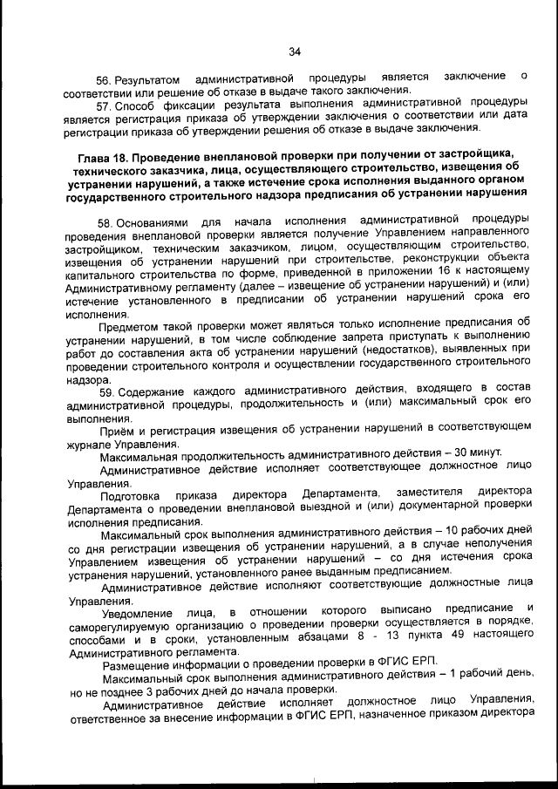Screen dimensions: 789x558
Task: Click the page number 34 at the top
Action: click(x=294, y=52)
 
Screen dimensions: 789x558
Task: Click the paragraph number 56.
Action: click(x=106, y=79)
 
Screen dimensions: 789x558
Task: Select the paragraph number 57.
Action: click(x=106, y=104)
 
